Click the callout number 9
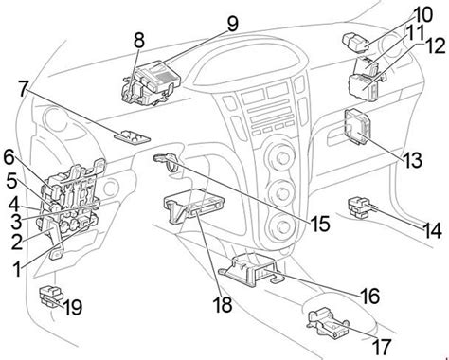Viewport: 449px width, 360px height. (233, 24)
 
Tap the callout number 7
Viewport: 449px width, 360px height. (23, 89)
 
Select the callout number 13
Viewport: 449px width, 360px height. (413, 160)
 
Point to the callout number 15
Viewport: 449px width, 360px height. (320, 224)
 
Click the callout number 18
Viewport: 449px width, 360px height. (223, 304)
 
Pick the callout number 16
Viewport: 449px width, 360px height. (369, 297)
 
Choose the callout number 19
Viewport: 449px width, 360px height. (72, 307)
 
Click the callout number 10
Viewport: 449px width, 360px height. (422, 15)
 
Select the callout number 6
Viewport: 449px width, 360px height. (9, 157)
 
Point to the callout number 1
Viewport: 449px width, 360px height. (17, 269)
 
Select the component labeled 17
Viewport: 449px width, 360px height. (328, 323)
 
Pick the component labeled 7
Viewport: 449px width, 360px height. (133, 136)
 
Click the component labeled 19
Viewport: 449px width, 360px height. (50, 296)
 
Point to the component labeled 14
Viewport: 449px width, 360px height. (360, 207)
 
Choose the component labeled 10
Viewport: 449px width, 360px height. (355, 43)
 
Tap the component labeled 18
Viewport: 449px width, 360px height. (193, 206)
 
